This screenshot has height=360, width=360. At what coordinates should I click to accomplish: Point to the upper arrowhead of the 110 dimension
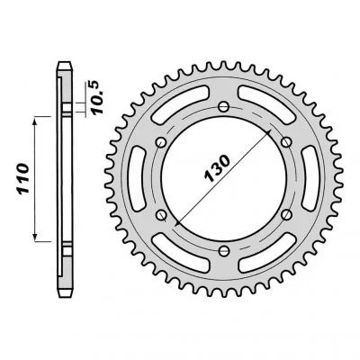pos(36,119)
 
